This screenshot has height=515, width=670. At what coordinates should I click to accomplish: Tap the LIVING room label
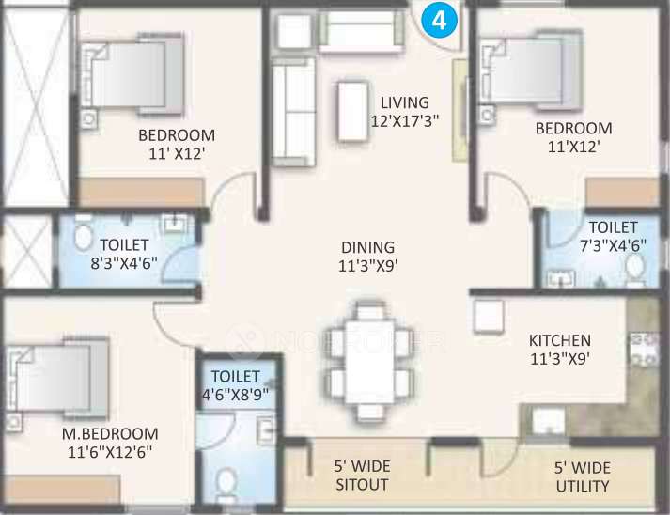point(404,102)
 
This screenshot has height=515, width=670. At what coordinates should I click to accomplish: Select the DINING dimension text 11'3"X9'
point(367,266)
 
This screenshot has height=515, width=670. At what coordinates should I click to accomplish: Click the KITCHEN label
point(560,340)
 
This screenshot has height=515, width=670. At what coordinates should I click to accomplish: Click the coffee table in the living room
point(351,101)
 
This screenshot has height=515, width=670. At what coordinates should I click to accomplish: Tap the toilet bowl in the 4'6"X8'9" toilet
point(227,484)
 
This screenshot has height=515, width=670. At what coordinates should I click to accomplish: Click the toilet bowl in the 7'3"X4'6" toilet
point(635,271)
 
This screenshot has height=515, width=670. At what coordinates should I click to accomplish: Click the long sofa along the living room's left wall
point(292,109)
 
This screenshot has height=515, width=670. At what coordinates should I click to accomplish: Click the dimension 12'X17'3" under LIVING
point(404,120)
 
